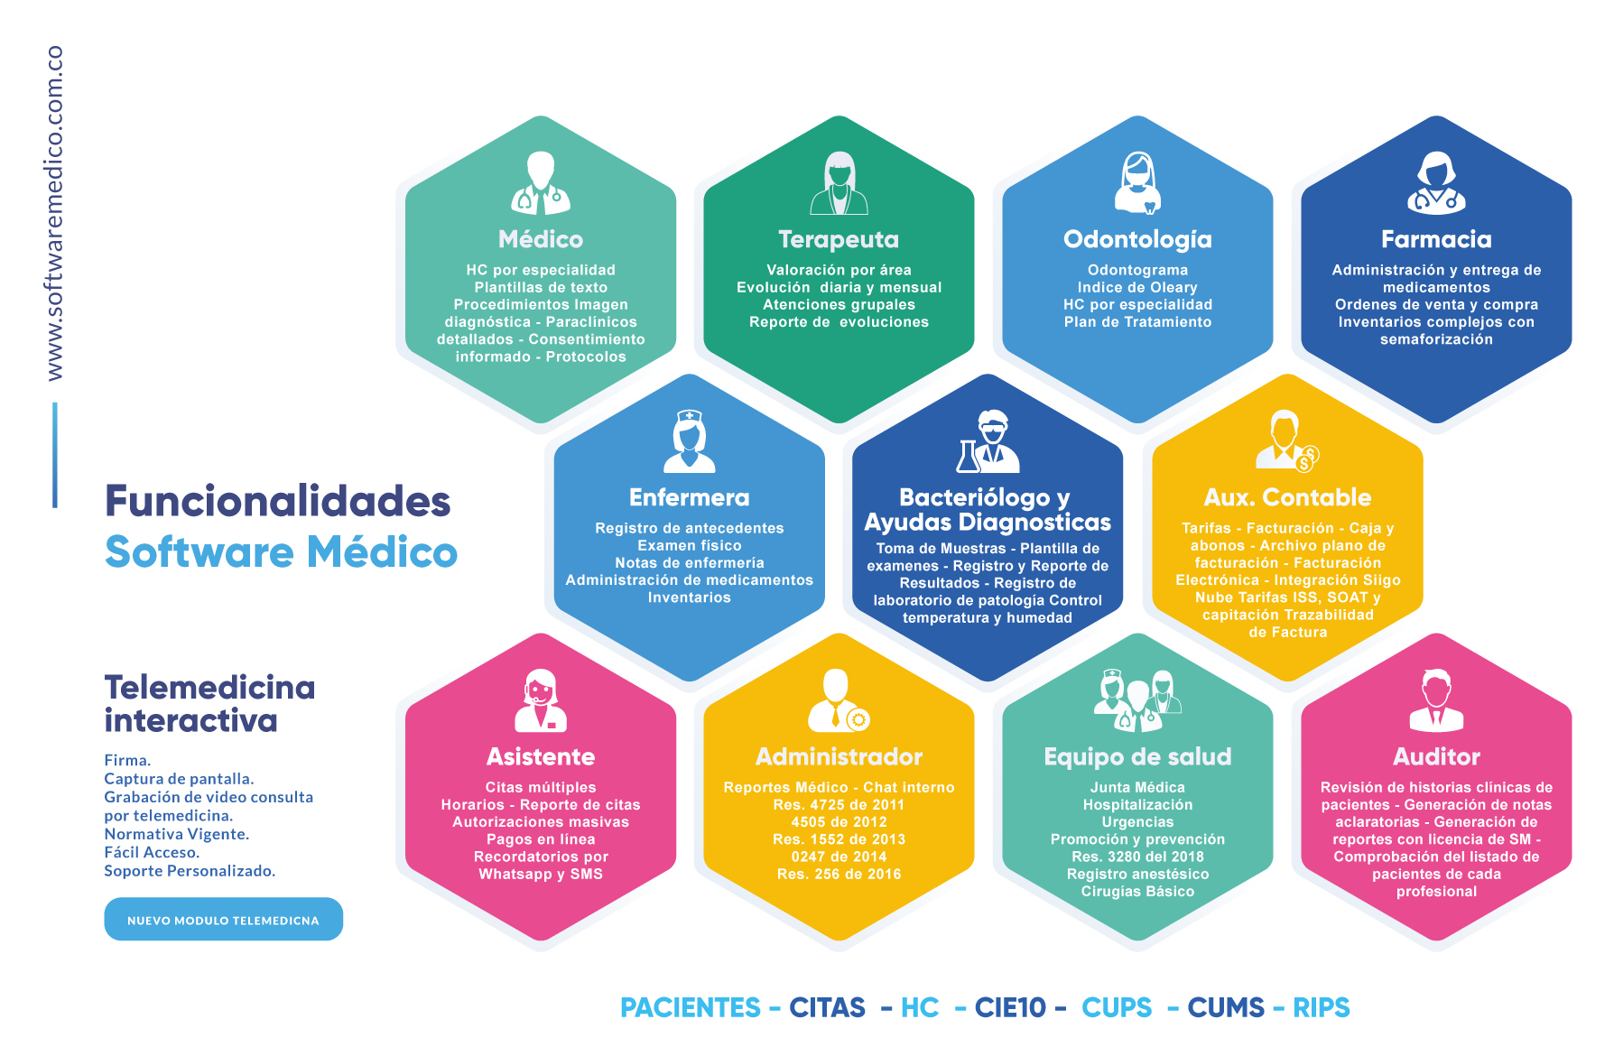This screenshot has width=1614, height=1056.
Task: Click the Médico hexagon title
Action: tap(541, 239)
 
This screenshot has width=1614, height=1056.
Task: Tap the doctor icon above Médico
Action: tap(541, 183)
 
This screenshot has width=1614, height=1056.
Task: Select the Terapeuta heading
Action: tap(839, 239)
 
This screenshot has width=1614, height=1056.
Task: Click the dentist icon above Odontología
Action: tap(1137, 183)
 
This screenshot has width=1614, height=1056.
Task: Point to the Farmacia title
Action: tap(1436, 239)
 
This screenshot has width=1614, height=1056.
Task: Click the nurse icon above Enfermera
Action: tap(690, 442)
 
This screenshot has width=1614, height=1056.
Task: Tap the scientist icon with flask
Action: tap(988, 442)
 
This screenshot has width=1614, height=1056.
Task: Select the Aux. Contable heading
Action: tap(1287, 497)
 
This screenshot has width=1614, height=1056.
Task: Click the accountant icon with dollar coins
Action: tap(1287, 441)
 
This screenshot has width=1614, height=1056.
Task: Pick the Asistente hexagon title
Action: tap(541, 756)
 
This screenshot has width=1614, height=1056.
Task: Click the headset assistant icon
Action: tap(541, 700)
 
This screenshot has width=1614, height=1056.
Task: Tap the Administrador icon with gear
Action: tap(839, 700)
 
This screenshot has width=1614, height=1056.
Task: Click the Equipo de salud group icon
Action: tap(1137, 700)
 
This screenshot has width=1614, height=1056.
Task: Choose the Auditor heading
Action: tap(1436, 756)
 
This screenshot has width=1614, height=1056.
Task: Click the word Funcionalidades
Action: tap(278, 501)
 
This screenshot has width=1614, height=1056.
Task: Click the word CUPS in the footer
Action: tap(1117, 1007)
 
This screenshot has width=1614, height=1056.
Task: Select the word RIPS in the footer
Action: tap(1322, 1007)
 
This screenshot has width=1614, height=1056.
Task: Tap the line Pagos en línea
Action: tap(541, 839)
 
